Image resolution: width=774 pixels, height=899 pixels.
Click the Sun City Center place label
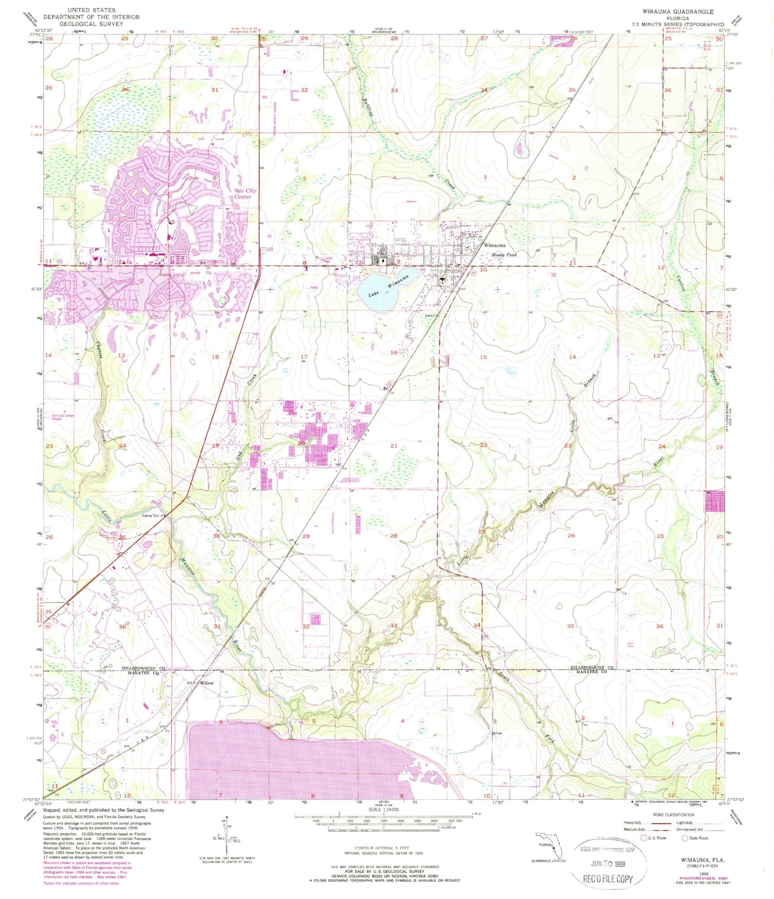[x=245, y=194]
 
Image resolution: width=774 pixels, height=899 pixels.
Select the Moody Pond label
[x=504, y=255]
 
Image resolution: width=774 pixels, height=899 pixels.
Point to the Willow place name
[x=207, y=683]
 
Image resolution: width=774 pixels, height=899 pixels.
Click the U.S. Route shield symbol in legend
[x=643, y=838]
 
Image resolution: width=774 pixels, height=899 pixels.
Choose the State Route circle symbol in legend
[x=685, y=838]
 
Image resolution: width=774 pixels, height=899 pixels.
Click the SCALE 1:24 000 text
[x=382, y=810]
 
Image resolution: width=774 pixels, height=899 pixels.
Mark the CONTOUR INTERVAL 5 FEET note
[x=382, y=848]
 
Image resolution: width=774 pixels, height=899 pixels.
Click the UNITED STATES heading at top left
[x=91, y=10]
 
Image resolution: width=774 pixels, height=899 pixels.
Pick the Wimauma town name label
[x=494, y=246]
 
